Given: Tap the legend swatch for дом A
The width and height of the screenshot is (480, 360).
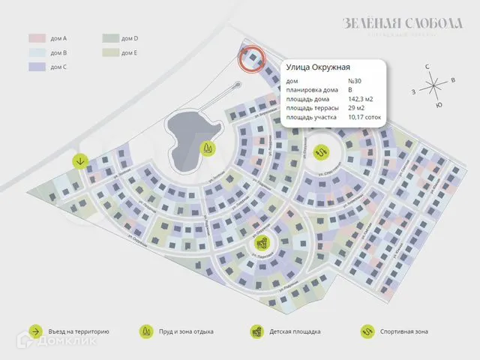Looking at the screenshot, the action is pos(37,38).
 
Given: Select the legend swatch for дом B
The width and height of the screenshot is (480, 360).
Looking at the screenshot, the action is pos(37,52).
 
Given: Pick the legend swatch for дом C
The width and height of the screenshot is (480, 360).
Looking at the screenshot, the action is pos(37,67).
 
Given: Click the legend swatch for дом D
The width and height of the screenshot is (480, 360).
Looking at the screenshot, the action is pos(110,38).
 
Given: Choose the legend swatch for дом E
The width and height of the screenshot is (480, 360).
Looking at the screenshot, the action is pos(110,52).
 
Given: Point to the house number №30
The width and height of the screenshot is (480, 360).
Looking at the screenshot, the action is pos(355,81).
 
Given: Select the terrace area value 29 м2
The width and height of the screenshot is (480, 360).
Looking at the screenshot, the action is pos(357,108).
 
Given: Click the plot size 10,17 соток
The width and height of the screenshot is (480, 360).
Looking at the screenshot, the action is pos(365,118).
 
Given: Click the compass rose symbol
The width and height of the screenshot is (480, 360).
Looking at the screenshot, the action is pos(433,85).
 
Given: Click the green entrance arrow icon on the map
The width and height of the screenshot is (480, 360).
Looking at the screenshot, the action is pos(80,160).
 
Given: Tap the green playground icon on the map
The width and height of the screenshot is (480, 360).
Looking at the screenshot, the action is pos(262,243).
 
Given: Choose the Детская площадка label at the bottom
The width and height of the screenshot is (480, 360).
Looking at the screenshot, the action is pos(295,331).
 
